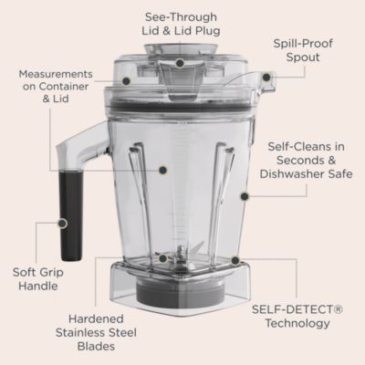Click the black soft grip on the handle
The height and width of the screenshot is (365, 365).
point(68,216)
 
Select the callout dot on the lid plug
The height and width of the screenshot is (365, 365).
point(180,63)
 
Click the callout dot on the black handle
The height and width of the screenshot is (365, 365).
point(62,222)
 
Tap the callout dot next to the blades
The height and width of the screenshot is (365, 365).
point(162,259)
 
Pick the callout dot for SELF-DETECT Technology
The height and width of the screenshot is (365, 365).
point(235,260)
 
